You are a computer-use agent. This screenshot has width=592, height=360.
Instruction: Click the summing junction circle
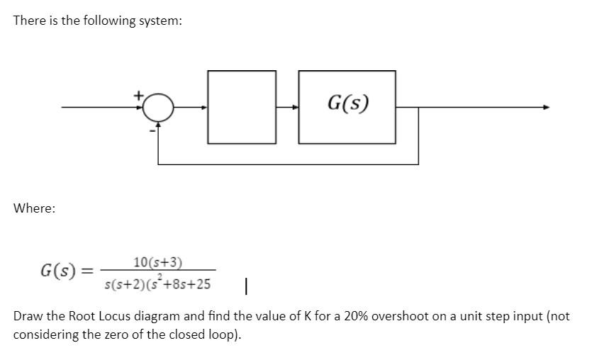(157, 108)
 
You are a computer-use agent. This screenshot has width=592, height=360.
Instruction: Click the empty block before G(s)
(242, 107)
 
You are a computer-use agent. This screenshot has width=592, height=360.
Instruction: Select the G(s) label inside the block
(347, 104)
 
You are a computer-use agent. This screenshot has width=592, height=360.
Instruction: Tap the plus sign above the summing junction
(140, 94)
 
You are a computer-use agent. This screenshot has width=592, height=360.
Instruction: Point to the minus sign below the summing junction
(150, 130)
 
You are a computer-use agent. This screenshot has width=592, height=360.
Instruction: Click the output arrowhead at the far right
(545, 108)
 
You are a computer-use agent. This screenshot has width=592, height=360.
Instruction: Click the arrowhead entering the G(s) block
(296, 108)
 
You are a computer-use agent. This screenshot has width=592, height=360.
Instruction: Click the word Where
(34, 208)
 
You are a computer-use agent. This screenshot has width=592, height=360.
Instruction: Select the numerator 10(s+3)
(157, 263)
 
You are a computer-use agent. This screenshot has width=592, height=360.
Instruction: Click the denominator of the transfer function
(157, 284)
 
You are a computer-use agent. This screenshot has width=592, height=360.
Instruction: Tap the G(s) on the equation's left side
(60, 271)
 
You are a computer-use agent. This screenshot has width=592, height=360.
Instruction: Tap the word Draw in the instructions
(28, 316)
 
